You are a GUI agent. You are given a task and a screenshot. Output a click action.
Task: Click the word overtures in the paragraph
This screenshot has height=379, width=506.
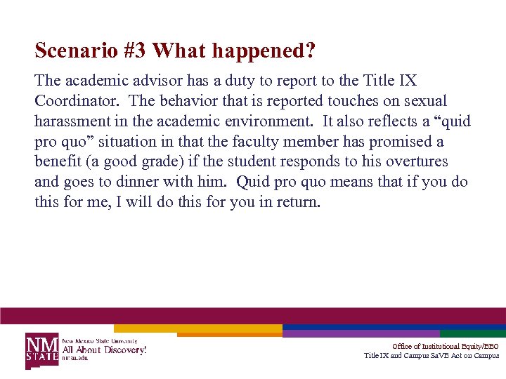point(415,162)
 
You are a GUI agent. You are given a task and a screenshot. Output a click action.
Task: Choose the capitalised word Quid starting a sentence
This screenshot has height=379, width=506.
point(254,182)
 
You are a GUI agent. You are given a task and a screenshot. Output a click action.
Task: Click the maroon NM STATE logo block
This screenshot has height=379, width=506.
point(43,350)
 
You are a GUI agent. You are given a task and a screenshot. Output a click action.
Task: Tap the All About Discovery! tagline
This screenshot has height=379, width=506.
point(105,350)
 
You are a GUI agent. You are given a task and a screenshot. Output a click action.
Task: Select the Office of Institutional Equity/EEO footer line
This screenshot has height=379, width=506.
point(445,347)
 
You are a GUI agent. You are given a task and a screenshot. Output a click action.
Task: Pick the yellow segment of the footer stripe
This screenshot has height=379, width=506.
point(197,328)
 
